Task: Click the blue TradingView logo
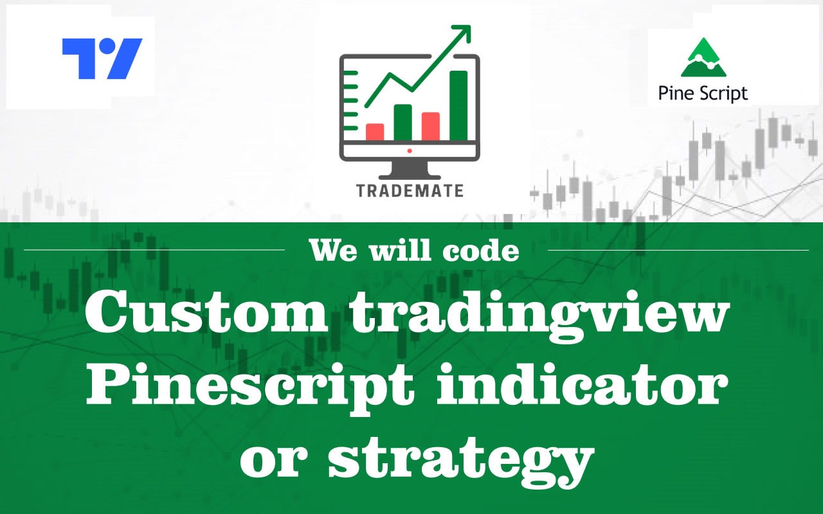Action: tap(102, 58)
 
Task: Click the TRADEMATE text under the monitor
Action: tap(410, 190)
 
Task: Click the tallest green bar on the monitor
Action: tap(458, 105)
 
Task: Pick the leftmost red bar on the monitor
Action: tap(375, 132)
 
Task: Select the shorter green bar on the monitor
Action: tap(402, 122)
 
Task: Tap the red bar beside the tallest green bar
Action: tap(431, 126)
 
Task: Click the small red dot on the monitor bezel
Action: tap(410, 150)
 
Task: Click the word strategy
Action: tap(459, 457)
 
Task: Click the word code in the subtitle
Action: tap(482, 251)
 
